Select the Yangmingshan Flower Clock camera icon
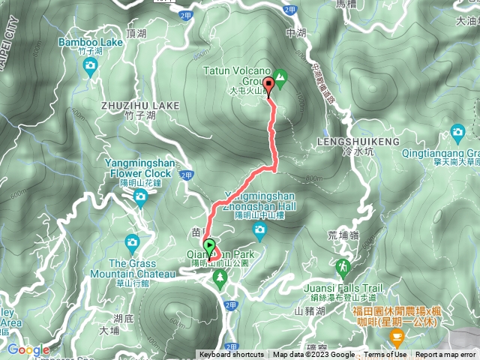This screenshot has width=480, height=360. click(140, 197)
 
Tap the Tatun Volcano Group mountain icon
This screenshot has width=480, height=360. click(280, 76)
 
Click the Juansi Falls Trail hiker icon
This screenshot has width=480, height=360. click(343, 266)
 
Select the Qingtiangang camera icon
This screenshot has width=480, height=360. click(458, 135)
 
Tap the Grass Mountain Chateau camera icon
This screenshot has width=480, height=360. click(133, 242)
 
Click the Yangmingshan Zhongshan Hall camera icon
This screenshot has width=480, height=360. click(259, 232)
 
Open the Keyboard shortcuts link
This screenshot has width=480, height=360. click(231, 355)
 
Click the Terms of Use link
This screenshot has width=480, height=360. click(385, 355)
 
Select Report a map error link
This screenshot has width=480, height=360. click(446, 355)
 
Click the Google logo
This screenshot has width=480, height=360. click(28, 349)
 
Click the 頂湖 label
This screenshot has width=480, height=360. click(137, 34)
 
